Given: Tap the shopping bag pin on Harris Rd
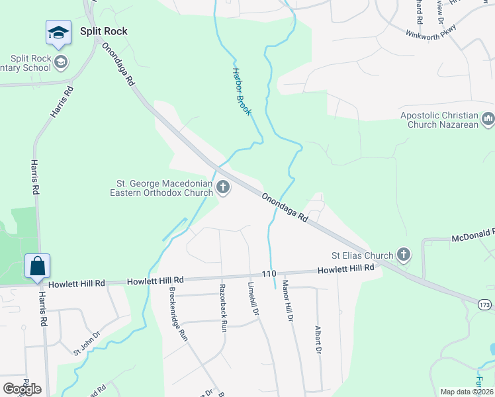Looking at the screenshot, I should point(38,266).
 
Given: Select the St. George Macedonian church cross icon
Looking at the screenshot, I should point(223,189).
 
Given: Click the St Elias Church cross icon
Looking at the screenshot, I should point(403,255).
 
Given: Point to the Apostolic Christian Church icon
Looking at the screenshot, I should point(488,120).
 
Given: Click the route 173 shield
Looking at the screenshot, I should point(486,304).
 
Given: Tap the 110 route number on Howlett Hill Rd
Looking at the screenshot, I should point(268,273).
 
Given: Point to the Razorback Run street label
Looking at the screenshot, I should point(223,307).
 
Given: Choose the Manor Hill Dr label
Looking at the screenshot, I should point(287,301).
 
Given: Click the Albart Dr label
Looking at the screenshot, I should point(318,340).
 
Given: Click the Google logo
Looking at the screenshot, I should point(22,389).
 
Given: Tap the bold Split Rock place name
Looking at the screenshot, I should point(103,31).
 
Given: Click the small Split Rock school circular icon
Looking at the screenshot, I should point(62,63).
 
